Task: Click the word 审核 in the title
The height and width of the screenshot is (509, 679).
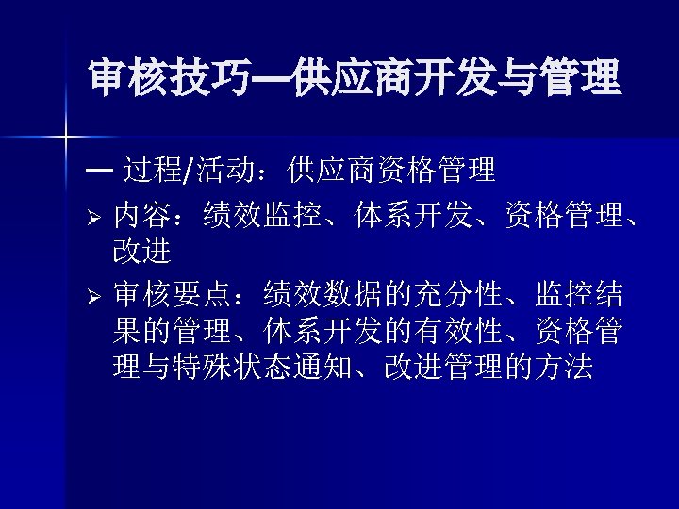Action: pyautogui.click(x=128, y=79)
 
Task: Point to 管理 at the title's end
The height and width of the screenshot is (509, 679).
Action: pyautogui.click(x=580, y=79)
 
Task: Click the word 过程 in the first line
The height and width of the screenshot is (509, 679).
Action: pyautogui.click(x=155, y=171)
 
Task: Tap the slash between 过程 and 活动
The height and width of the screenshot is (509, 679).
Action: pyautogui.click(x=192, y=172)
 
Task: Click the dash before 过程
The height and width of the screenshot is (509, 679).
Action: pyautogui.click(x=97, y=171)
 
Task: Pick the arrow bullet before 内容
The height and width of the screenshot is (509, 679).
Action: pyautogui.click(x=95, y=220)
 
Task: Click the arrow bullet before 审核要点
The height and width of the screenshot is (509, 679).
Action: pyautogui.click(x=95, y=295)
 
